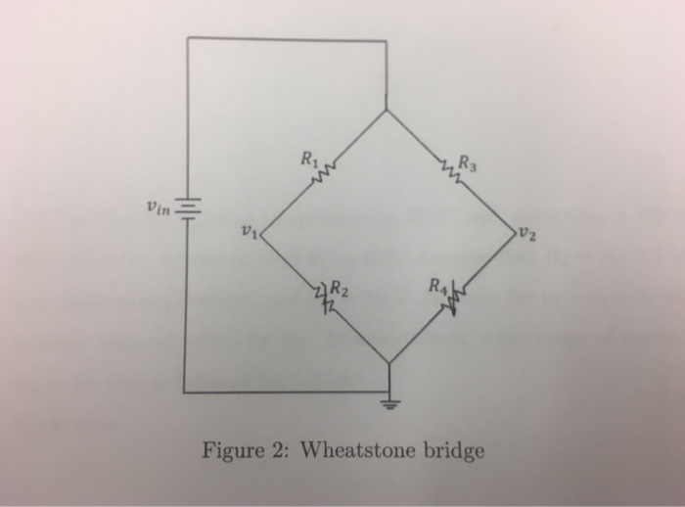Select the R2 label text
click(x=338, y=289)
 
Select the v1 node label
click(x=248, y=231)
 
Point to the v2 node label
click(x=528, y=234)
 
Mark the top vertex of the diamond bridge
click(x=388, y=110)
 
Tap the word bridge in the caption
click(x=453, y=451)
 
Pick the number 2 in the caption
click(x=280, y=451)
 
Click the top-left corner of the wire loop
click(x=188, y=38)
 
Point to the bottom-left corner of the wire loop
click(x=186, y=392)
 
